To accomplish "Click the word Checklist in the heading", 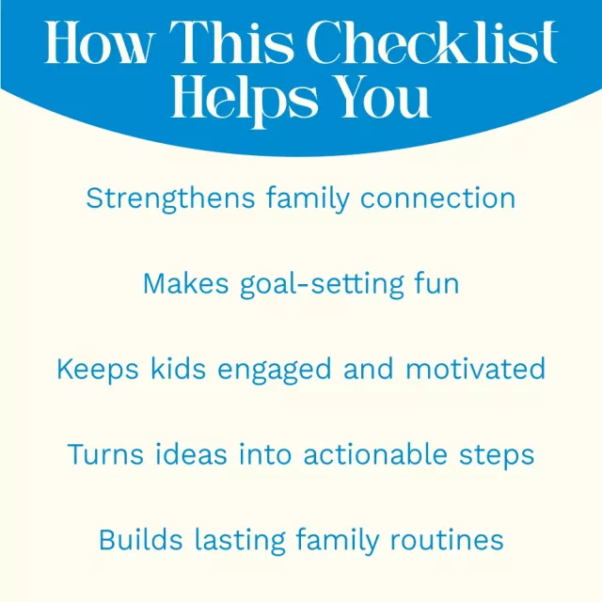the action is point(432,42).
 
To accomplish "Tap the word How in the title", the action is point(100,42).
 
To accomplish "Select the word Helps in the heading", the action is point(245,101).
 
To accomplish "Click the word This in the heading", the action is point(231,42).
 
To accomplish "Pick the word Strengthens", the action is point(170,199).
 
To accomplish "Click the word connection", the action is point(437,198).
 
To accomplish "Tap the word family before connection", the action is point(308,199).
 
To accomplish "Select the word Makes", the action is point(186,284).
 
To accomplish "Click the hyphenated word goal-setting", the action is point(322,286).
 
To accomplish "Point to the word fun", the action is point(436,283).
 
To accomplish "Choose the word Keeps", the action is point(98,371).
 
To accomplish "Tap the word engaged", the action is point(274,370).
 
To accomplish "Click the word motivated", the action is point(475,369).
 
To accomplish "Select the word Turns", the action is point(105,454).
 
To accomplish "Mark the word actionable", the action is point(375,453).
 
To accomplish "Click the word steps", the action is point(497,456).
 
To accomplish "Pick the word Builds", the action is point(140,540).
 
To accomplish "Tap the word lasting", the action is point(241,542).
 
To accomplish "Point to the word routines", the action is point(447,540).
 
